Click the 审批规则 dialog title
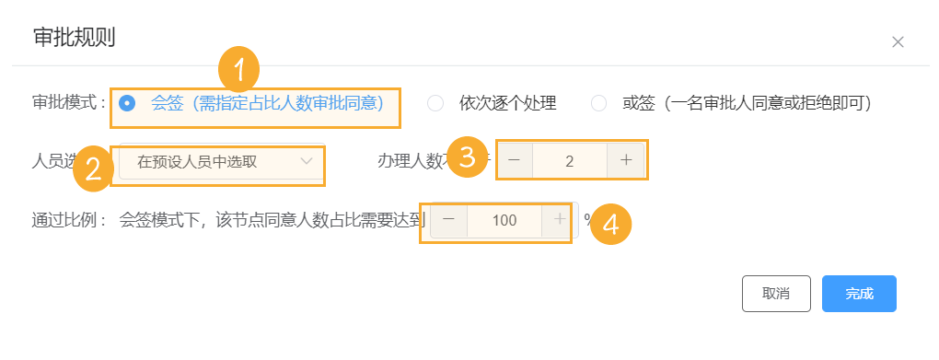coord(74,38)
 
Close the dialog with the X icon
coord(898,41)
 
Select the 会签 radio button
coord(128,103)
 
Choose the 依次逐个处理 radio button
coord(436,103)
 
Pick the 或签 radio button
coord(599,103)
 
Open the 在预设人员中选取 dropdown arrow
coord(307,162)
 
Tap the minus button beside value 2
coord(514,160)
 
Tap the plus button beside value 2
coord(626,160)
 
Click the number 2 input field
coord(570,160)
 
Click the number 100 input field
coord(504,220)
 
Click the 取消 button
coord(776,294)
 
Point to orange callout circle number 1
coord(238,69)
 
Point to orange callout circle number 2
coord(93,168)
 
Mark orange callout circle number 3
coord(468,157)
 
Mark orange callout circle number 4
coord(610,223)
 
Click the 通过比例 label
coord(68,220)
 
